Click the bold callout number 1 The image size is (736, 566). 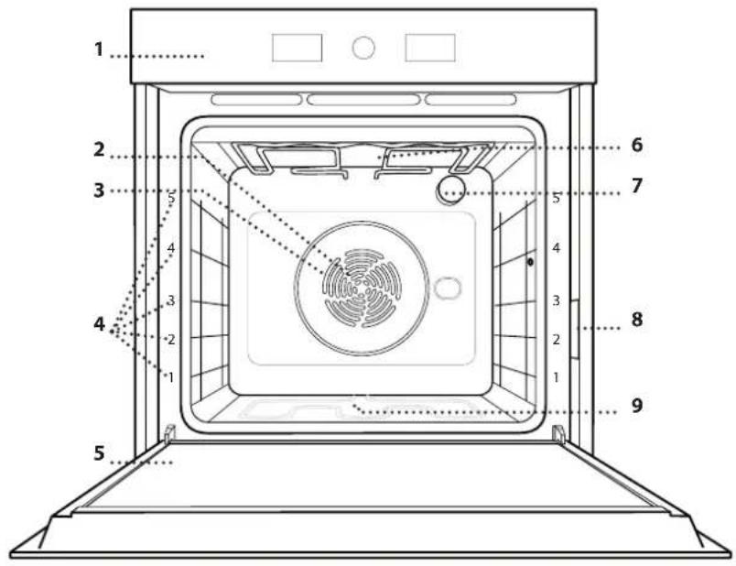[99, 49]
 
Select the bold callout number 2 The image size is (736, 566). [99, 150]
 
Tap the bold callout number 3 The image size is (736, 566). [99, 190]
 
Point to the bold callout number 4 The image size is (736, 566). [99, 324]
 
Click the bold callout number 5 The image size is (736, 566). [99, 453]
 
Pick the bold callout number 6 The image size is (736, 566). [636, 145]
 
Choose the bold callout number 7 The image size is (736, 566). [636, 186]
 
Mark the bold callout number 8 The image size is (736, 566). [636, 320]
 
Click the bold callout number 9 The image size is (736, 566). [636, 405]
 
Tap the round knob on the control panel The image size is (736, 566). [363, 48]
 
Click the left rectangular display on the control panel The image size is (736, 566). [298, 48]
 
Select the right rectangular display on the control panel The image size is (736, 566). [430, 48]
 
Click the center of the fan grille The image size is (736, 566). [362, 288]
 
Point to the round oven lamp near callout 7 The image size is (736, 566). [450, 190]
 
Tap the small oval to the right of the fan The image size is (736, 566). [448, 288]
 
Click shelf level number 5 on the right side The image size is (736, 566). [557, 198]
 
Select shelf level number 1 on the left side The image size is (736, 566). [171, 376]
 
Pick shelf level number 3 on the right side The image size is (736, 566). [557, 300]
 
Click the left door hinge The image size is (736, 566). [170, 433]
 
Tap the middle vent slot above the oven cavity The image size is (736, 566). [363, 100]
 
